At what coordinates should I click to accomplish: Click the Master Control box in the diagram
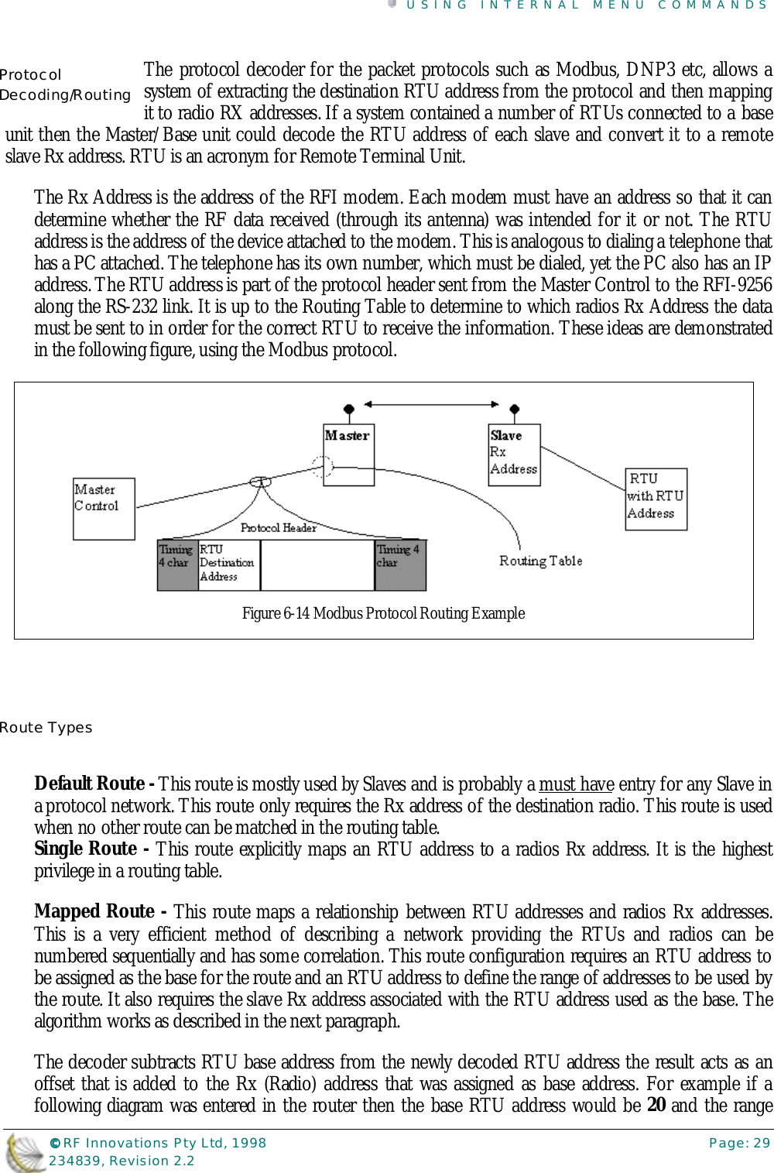click(x=104, y=509)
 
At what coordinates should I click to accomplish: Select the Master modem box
click(x=348, y=454)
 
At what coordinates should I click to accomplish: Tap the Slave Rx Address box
click(x=514, y=454)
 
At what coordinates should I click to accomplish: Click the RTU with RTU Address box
click(x=656, y=499)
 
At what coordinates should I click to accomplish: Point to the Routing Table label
click(x=540, y=561)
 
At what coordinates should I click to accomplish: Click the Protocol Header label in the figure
click(x=278, y=527)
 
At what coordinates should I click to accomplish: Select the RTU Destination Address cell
click(x=228, y=563)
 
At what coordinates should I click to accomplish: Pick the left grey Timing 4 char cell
click(x=176, y=563)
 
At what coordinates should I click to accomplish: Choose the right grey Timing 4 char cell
click(x=399, y=563)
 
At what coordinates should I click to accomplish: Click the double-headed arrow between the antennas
click(x=431, y=403)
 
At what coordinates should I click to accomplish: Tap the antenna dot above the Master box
click(x=349, y=409)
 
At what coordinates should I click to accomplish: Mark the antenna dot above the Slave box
click(x=514, y=409)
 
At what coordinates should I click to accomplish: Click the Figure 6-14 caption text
click(x=383, y=613)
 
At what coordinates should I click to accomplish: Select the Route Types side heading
click(x=46, y=728)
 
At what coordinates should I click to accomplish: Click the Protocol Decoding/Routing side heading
click(x=65, y=85)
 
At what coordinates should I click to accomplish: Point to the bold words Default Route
click(x=90, y=784)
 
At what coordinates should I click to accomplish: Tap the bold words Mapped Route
click(x=94, y=911)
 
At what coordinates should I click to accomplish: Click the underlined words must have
click(x=576, y=784)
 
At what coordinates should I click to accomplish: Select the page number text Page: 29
click(x=739, y=1143)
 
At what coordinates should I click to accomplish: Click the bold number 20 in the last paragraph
click(x=656, y=1105)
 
